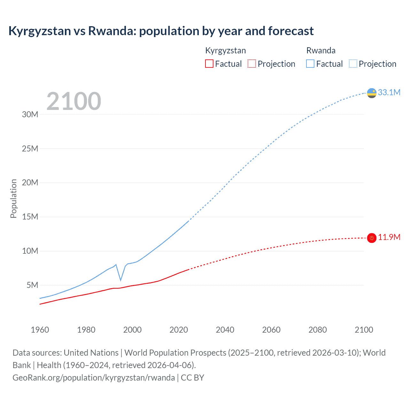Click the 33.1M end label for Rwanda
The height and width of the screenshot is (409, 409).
[389, 93]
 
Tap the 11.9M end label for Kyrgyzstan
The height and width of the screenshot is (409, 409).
[389, 237]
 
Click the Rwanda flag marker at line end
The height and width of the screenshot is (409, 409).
[372, 93]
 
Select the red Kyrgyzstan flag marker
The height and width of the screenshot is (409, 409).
[372, 238]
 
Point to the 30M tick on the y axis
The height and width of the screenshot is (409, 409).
[30, 115]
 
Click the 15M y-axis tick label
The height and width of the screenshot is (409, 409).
[30, 217]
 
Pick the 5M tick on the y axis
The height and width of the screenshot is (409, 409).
[32, 285]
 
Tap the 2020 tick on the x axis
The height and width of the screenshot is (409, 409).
[179, 330]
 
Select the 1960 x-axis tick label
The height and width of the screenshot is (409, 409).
[40, 330]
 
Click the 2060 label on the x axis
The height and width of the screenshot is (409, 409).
[271, 330]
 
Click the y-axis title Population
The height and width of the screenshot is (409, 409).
[13, 198]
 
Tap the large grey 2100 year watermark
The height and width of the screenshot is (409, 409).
[74, 101]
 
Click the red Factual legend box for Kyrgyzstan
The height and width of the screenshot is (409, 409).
[209, 64]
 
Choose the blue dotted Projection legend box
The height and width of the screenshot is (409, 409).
[353, 64]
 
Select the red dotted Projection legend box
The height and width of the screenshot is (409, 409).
[252, 64]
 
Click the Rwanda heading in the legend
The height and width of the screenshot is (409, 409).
[321, 50]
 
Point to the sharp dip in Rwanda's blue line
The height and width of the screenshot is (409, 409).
[120, 280]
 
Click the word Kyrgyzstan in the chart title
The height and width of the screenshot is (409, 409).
[40, 31]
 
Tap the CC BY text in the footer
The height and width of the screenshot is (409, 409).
[192, 378]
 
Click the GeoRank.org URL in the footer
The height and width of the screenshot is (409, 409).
[94, 378]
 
